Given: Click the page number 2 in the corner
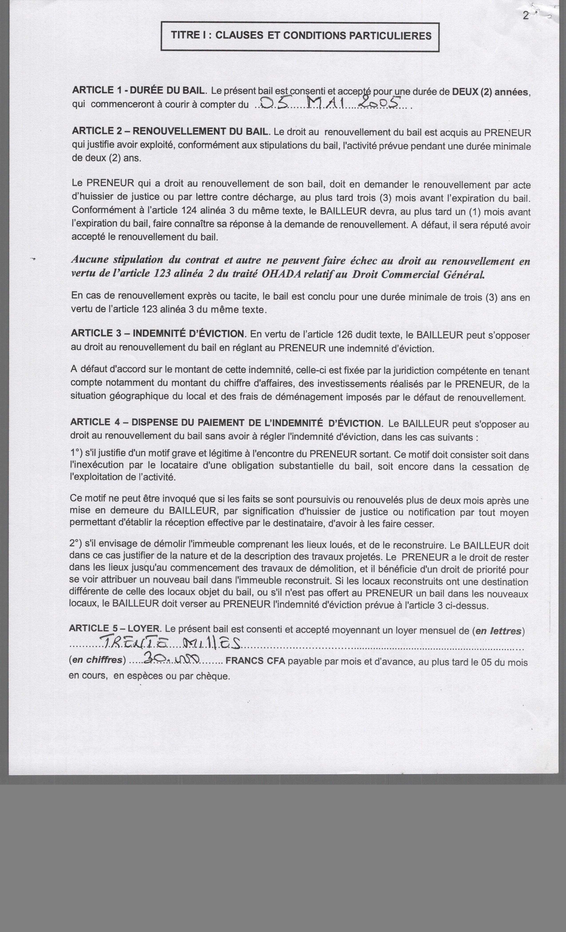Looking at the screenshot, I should point(526,16).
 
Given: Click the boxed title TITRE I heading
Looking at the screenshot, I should point(301,36).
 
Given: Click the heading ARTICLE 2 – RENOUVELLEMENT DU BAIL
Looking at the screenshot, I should point(170,131).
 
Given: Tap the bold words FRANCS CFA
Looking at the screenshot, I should point(255,661).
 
